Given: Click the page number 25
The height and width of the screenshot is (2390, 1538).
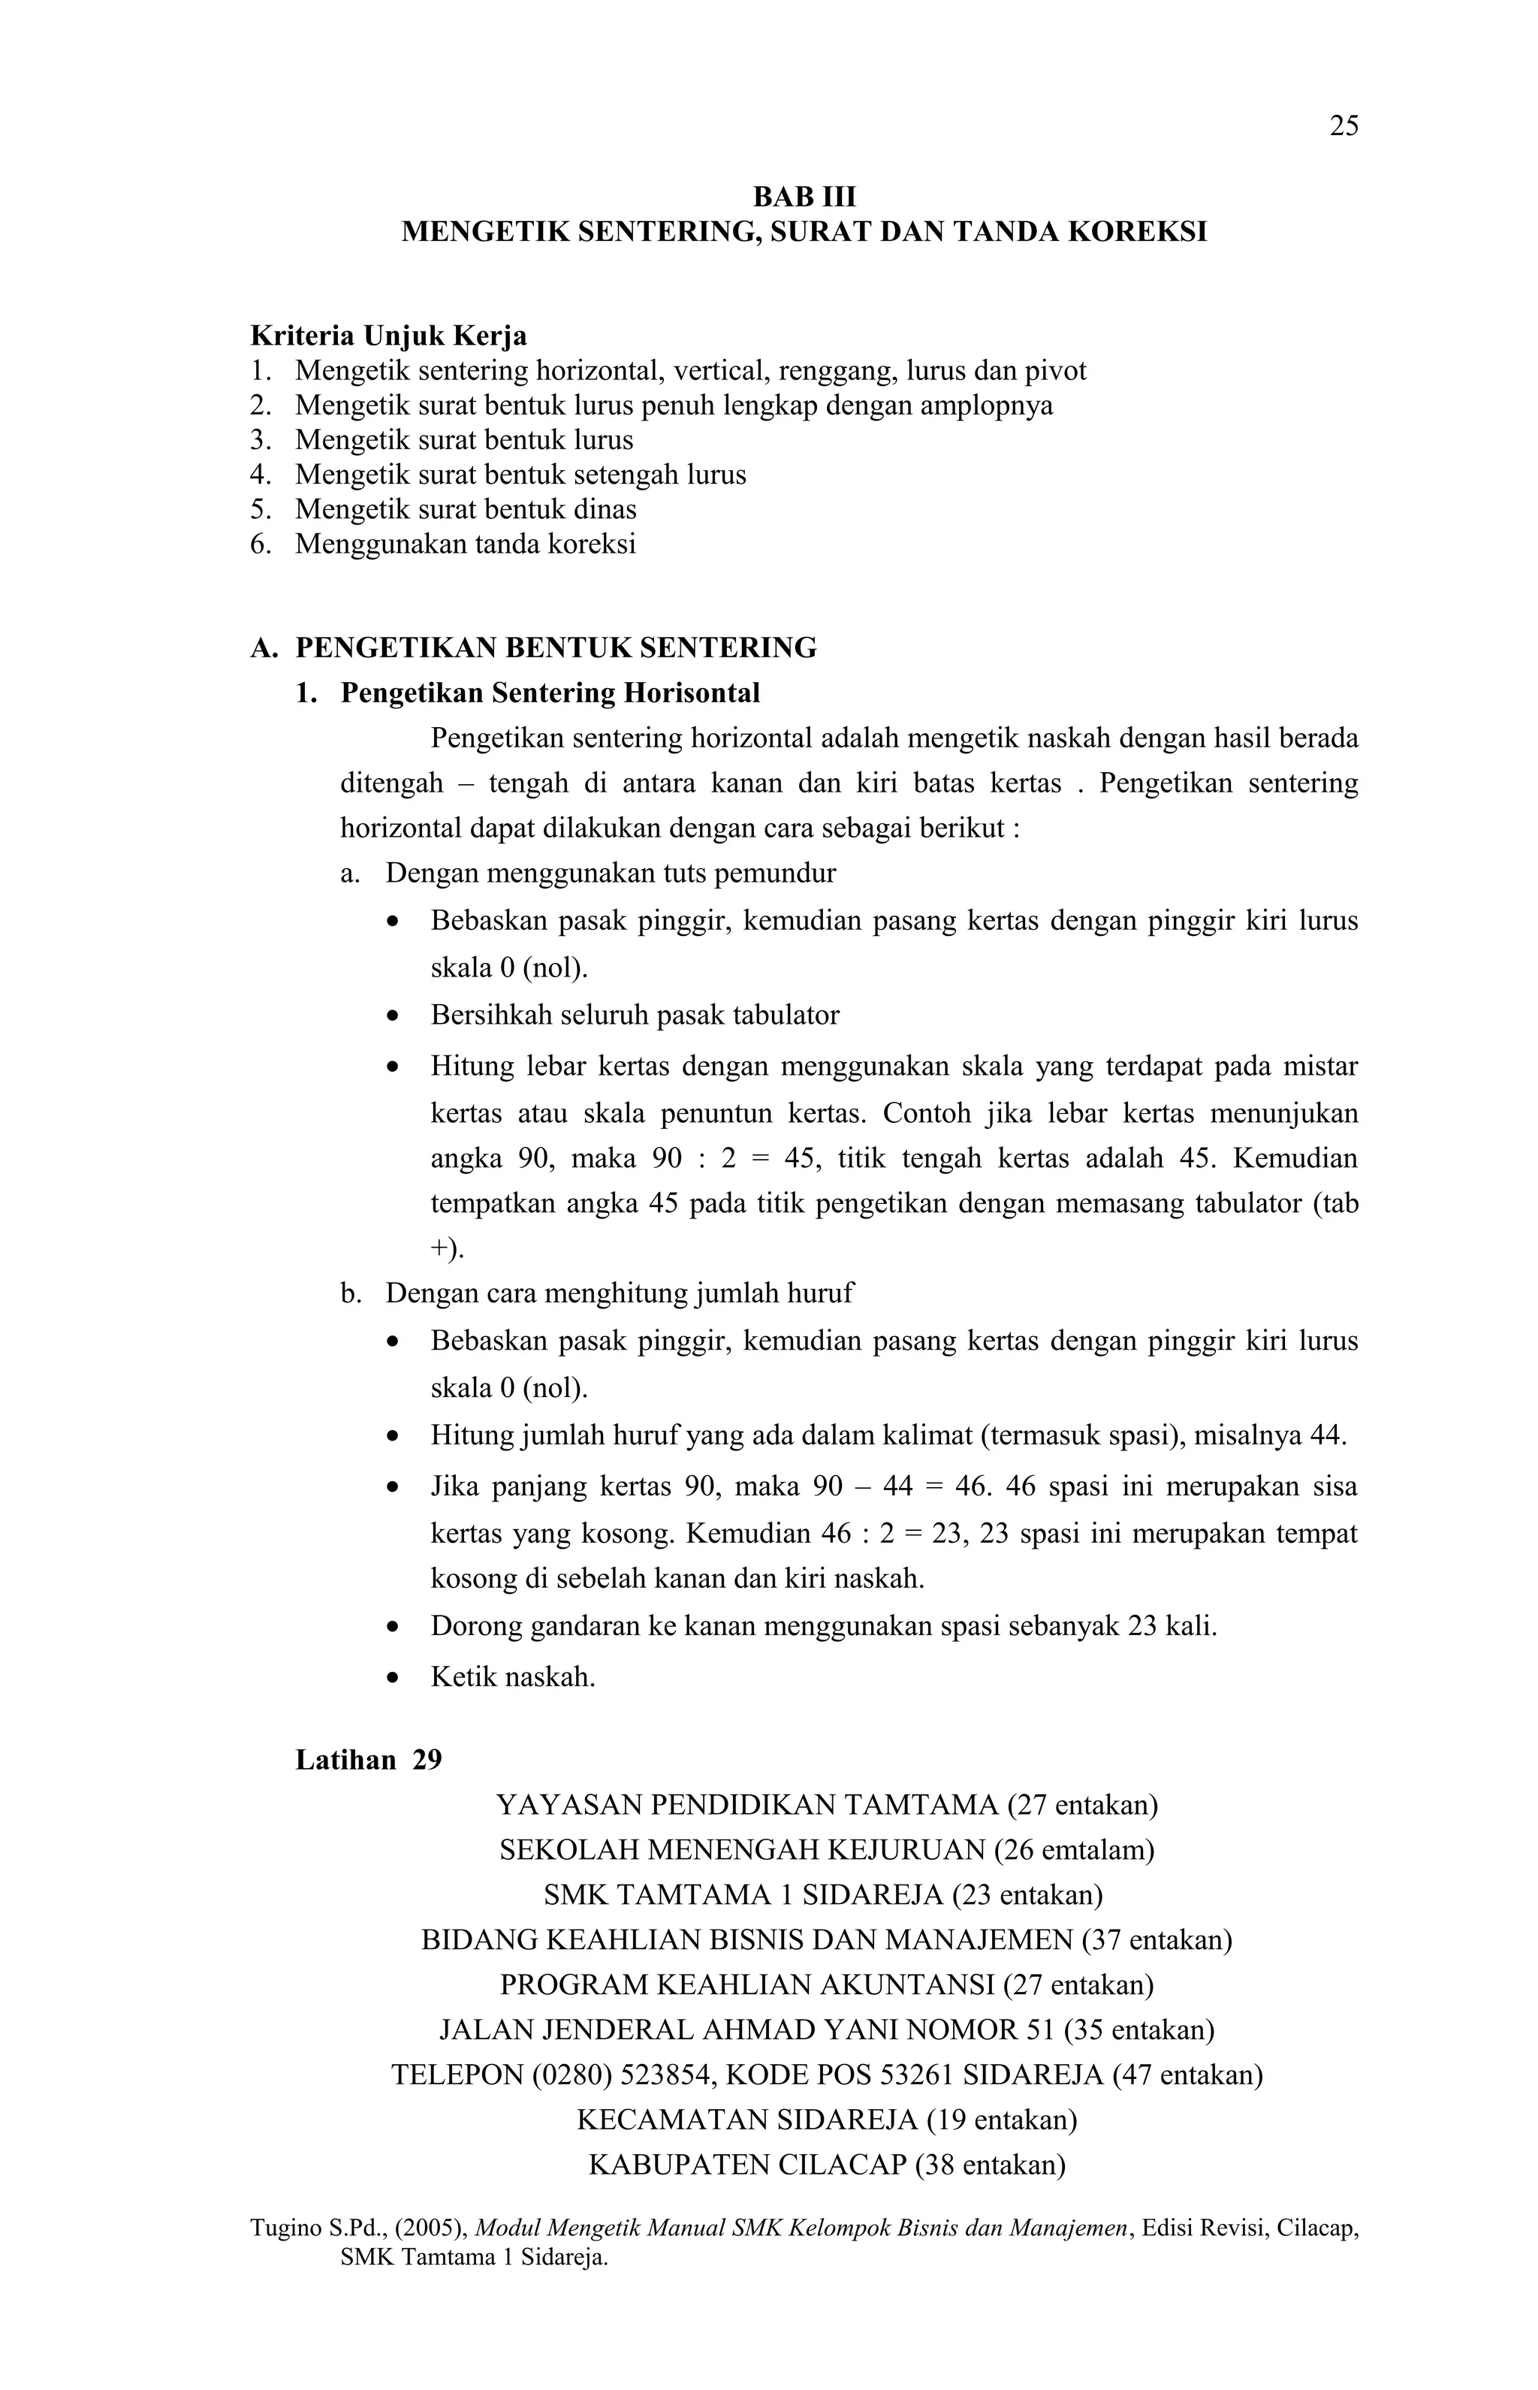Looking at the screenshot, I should (1343, 126).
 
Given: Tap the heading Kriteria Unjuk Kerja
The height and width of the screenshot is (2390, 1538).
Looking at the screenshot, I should (388, 336).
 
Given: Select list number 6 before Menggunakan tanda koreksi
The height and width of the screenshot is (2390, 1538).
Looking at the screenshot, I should (260, 545).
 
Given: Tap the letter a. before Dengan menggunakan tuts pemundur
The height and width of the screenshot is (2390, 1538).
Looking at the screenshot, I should (348, 874).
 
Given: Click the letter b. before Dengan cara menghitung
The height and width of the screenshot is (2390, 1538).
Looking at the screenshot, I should (349, 1294).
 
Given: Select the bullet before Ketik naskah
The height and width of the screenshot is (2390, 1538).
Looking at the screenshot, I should (394, 1678).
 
